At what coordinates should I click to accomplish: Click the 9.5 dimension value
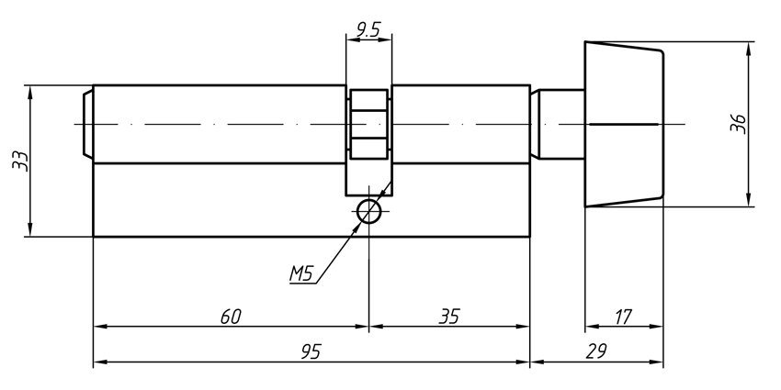368,29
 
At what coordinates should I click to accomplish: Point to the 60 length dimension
231,317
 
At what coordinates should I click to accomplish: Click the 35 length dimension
448,317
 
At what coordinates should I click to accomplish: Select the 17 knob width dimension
622,317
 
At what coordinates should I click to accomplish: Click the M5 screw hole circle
368,212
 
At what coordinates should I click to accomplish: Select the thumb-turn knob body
623,124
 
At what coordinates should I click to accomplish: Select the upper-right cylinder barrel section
459,125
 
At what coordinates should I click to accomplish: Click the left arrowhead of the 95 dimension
101,362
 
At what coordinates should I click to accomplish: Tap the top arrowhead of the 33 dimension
31,93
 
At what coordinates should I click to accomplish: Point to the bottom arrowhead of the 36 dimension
749,199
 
